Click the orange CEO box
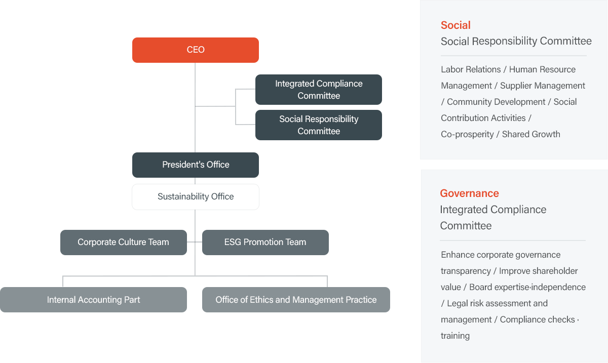(196, 50)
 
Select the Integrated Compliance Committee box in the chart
(319, 90)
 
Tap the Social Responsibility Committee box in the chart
(319, 125)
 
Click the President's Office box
(196, 165)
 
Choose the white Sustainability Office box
(196, 197)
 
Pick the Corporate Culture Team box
(124, 243)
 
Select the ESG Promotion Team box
(265, 243)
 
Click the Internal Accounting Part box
(93, 300)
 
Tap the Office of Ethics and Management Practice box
(296, 300)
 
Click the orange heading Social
(455, 25)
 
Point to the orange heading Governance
(469, 193)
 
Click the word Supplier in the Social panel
(515, 86)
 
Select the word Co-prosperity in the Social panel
(467, 134)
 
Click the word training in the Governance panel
(455, 336)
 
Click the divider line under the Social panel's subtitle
(514, 56)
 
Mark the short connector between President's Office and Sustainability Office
(195, 181)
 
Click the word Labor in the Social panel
(451, 69)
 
